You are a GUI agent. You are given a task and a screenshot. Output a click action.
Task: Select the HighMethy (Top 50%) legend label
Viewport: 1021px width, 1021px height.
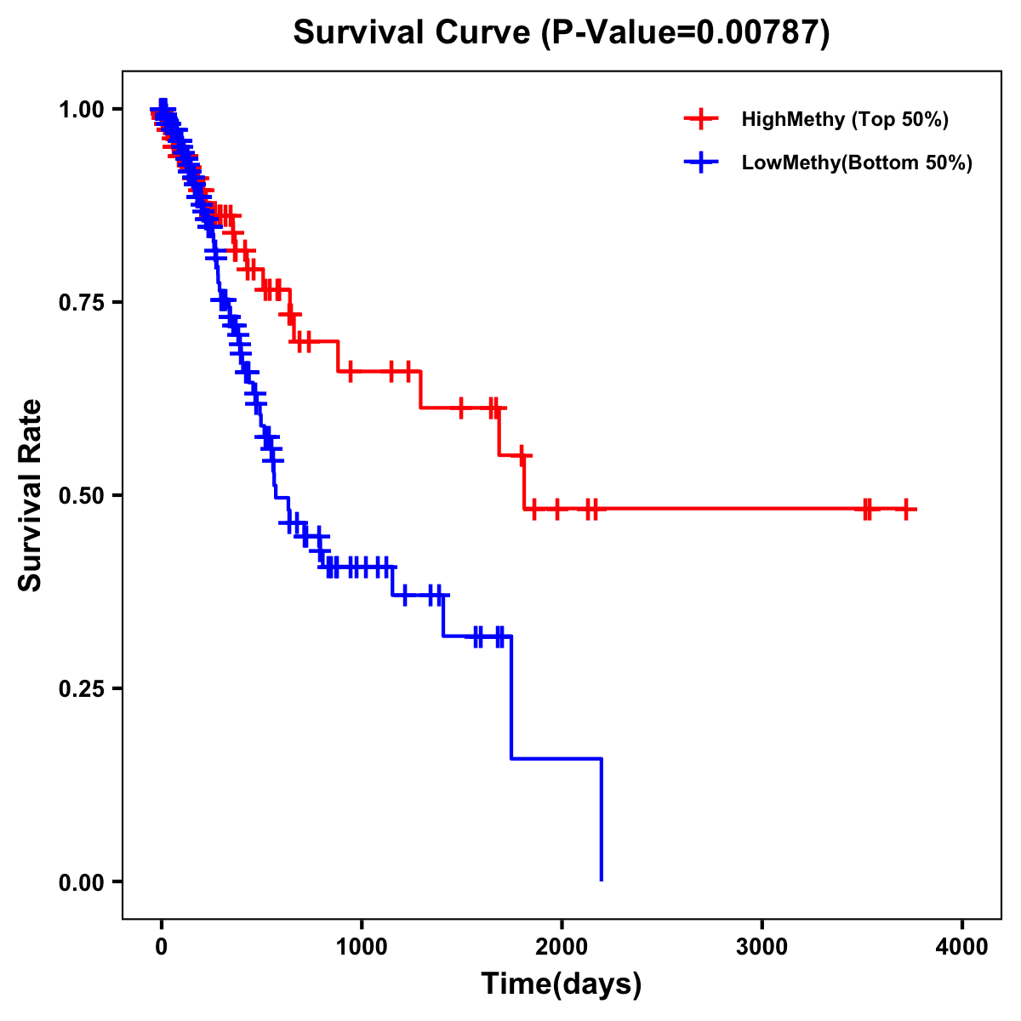(844, 119)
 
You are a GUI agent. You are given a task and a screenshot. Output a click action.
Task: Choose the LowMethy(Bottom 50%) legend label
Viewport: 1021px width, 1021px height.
(857, 163)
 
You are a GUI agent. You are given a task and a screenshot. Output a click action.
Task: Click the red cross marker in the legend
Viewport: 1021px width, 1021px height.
(701, 119)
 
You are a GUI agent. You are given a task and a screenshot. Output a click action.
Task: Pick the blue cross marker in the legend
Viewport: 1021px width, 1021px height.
(701, 163)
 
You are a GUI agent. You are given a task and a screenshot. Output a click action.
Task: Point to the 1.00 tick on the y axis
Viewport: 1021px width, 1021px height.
(81, 109)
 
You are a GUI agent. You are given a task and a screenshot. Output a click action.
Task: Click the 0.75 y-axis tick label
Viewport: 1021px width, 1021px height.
(81, 302)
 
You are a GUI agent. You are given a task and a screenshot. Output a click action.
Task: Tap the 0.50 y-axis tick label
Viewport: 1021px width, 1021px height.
(81, 495)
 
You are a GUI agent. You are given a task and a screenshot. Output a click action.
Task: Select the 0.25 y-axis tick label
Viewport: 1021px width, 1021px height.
(81, 688)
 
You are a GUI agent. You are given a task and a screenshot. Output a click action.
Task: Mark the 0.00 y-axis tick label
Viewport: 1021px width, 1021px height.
(81, 881)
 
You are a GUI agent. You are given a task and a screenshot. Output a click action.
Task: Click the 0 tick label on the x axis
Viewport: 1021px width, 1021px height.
(162, 947)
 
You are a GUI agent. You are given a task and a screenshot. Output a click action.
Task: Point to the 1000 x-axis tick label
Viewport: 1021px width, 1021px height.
(362, 947)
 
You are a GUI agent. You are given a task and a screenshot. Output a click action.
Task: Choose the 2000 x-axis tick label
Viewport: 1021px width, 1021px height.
(562, 947)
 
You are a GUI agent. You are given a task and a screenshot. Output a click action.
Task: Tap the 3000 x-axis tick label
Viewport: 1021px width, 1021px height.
(762, 947)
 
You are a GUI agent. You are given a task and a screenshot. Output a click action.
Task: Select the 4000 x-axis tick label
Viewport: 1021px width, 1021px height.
(962, 947)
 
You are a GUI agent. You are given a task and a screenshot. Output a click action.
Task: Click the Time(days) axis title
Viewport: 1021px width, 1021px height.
(562, 984)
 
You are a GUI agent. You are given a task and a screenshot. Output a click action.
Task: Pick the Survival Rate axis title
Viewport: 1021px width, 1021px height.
(31, 495)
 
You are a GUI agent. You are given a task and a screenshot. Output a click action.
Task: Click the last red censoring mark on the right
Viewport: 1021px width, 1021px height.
(906, 509)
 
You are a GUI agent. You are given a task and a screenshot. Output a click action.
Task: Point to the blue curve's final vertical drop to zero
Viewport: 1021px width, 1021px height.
(602, 819)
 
